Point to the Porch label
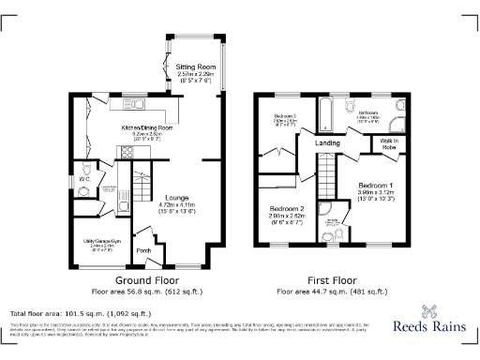(x=144, y=250)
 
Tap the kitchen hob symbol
(x=124, y=151)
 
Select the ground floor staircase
(x=142, y=177)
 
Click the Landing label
(x=327, y=142)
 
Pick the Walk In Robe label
(x=388, y=144)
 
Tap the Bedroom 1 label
(x=377, y=187)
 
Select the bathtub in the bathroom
(x=326, y=115)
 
